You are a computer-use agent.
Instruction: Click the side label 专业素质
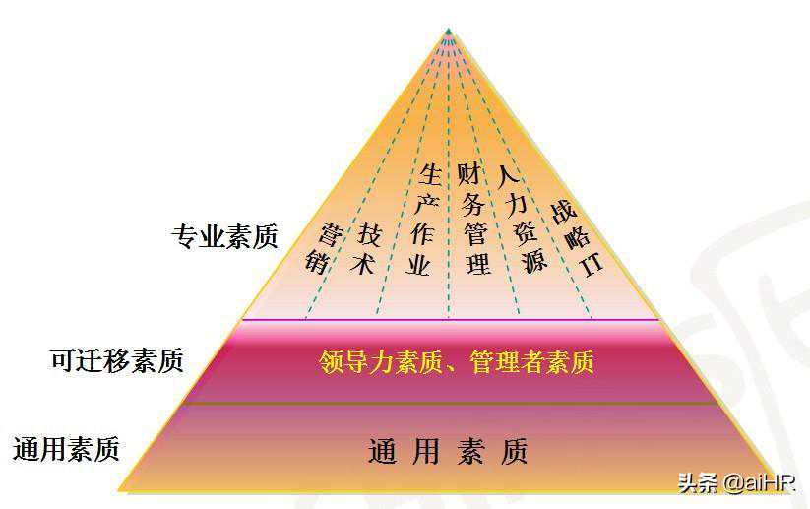(x=225, y=236)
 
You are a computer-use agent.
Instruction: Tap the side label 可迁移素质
(x=117, y=360)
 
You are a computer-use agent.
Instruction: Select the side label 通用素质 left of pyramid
(x=67, y=450)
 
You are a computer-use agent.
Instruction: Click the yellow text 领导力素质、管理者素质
(x=457, y=362)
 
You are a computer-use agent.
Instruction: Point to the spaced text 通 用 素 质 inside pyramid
(x=448, y=451)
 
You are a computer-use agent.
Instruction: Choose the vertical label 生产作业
(x=424, y=220)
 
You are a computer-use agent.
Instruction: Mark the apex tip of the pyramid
(x=448, y=31)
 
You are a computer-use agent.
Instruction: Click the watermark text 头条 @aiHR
(x=737, y=482)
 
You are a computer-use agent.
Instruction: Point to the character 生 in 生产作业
(x=430, y=175)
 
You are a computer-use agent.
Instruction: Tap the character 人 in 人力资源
(x=507, y=178)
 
